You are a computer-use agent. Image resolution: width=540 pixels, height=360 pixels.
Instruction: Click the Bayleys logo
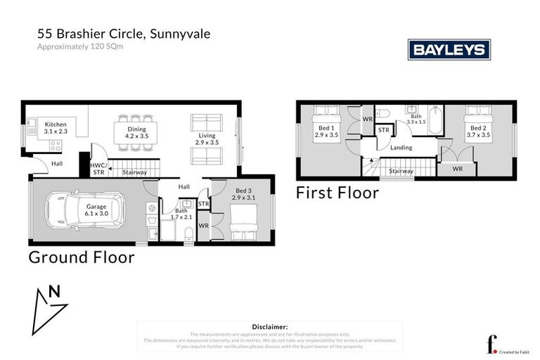pyautogui.click(x=449, y=49)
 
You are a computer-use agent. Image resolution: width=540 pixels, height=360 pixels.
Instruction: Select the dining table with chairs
pyautogui.click(x=136, y=132)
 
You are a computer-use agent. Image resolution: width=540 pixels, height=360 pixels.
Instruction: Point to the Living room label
pyautogui.click(x=206, y=135)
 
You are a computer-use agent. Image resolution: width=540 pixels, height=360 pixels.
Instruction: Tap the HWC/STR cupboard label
pyautogui.click(x=98, y=168)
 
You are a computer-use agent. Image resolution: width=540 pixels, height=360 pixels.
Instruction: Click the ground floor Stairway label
pyautogui.click(x=134, y=172)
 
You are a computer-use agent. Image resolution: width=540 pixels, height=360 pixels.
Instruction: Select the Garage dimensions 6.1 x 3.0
pyautogui.click(x=96, y=213)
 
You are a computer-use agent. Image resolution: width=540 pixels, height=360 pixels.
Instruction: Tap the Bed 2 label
pyautogui.click(x=479, y=128)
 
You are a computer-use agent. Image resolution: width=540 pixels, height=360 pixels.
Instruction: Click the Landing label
pyautogui.click(x=401, y=148)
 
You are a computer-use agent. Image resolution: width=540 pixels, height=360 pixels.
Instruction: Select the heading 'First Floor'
pyautogui.click(x=337, y=193)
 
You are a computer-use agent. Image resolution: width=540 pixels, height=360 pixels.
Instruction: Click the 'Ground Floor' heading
pyautogui.click(x=81, y=257)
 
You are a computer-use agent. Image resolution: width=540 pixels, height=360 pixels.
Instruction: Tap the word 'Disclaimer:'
pyautogui.click(x=269, y=327)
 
